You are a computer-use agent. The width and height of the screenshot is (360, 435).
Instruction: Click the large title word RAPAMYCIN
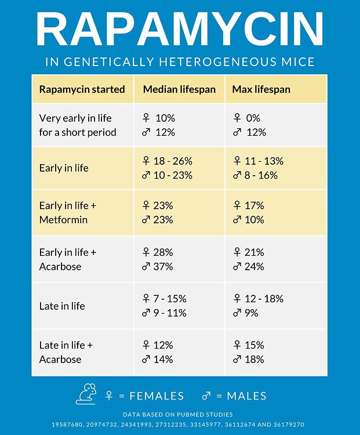point(180,30)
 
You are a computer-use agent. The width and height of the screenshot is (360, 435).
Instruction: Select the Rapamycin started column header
point(82,89)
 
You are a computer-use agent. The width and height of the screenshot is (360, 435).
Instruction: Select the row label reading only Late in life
point(62,306)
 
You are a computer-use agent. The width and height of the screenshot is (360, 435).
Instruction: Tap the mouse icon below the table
point(86,394)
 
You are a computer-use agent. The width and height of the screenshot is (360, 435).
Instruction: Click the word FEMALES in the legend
point(157,396)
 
